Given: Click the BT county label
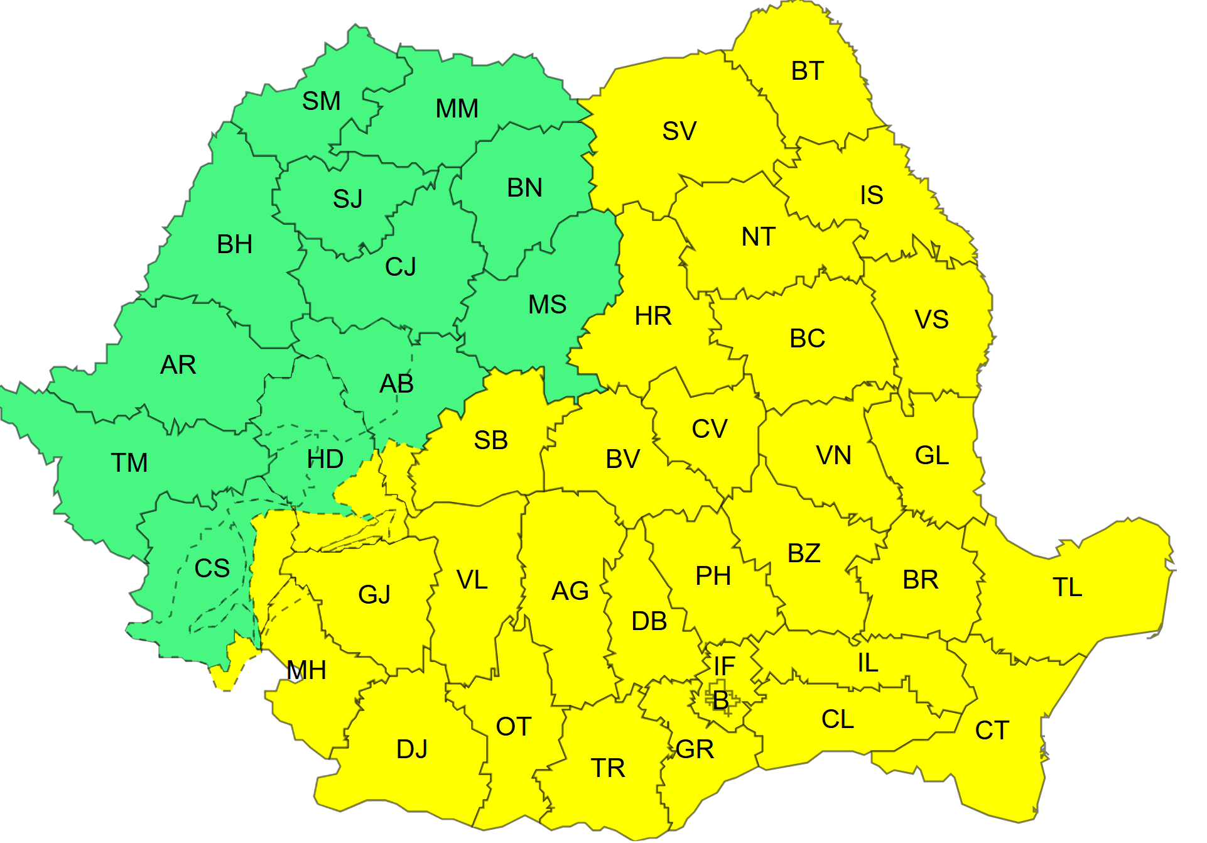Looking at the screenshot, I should click(x=807, y=71).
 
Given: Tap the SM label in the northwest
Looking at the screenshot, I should click(x=321, y=101).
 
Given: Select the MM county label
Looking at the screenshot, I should click(x=457, y=109).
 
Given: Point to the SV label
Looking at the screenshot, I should click(x=679, y=131).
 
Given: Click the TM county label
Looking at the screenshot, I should click(x=129, y=463).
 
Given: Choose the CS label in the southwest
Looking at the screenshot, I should click(x=212, y=568).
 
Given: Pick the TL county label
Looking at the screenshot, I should click(x=1067, y=587).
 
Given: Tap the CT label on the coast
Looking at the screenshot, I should click(x=992, y=731).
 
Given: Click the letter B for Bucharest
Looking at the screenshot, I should click(x=720, y=700).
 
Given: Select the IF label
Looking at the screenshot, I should click(x=724, y=666).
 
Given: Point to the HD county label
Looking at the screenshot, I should click(x=325, y=460).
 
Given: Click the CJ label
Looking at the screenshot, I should click(x=400, y=267).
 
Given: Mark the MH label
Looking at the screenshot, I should click(x=306, y=671).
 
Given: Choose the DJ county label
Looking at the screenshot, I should click(x=411, y=749).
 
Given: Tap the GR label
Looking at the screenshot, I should click(x=695, y=749).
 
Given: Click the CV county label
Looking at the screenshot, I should click(x=709, y=429).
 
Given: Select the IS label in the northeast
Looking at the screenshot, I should click(x=871, y=195).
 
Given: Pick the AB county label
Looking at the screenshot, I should click(x=396, y=384).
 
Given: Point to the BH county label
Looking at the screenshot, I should click(x=234, y=244).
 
